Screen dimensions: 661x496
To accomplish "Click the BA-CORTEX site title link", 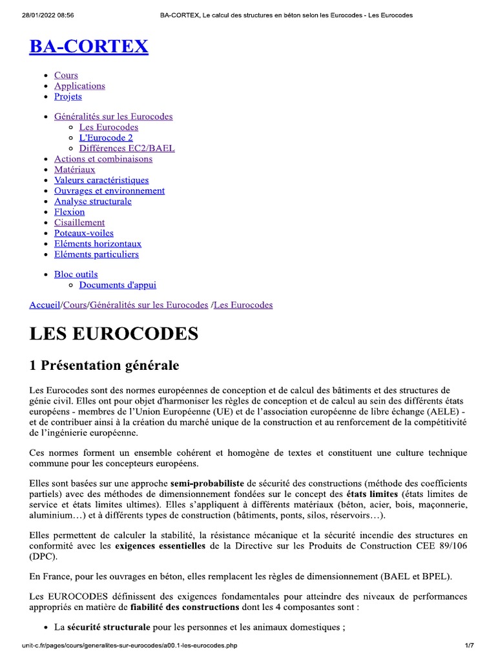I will [x=89, y=46].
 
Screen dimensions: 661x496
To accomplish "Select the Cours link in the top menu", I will [x=66, y=76].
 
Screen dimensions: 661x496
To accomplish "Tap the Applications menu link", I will [x=79, y=86].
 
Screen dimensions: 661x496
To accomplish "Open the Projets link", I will [x=68, y=96].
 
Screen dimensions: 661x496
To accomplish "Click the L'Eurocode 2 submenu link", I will [x=106, y=137].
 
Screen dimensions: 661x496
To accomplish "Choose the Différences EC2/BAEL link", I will [x=127, y=148].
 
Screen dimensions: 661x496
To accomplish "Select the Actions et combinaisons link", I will [x=103, y=159].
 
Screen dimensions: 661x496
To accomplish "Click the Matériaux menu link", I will [x=74, y=170].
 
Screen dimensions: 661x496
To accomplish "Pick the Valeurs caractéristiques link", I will [x=101, y=180].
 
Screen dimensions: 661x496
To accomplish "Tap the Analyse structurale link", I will [x=93, y=201].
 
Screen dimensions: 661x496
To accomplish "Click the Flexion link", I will [x=69, y=212].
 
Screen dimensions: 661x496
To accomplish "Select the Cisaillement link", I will [x=79, y=223].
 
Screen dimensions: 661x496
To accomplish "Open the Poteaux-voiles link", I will [x=84, y=233].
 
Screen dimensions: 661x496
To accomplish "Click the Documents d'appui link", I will [x=118, y=285].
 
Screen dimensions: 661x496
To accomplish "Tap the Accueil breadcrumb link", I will [x=45, y=305].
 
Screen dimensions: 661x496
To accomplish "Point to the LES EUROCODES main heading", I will [x=114, y=334].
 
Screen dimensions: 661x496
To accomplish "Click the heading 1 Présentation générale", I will [x=104, y=365].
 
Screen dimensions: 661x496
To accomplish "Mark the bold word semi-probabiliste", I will [x=207, y=483].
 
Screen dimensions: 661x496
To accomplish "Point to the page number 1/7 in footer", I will [x=470, y=646].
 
